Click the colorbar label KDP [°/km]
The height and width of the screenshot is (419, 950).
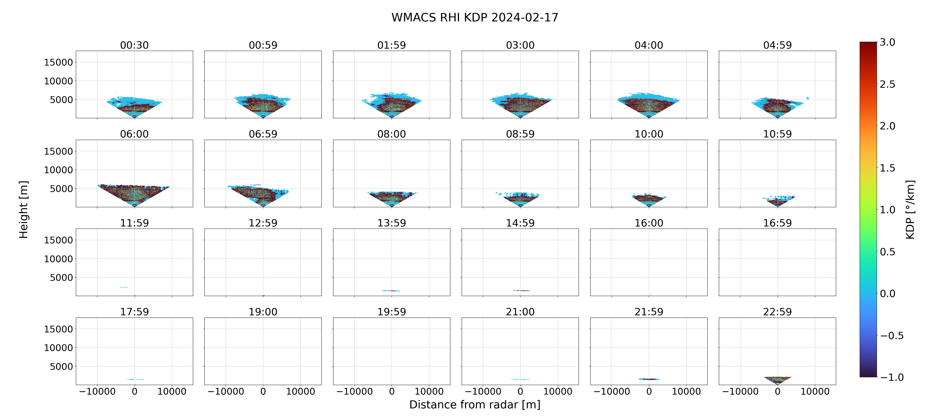coord(910,209)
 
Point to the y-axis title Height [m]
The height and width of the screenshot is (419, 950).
coord(23,209)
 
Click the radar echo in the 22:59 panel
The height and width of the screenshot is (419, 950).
coord(777,380)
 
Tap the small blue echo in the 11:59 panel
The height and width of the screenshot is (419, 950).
coord(123,287)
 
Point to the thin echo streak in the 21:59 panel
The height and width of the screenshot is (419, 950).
coord(649,379)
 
